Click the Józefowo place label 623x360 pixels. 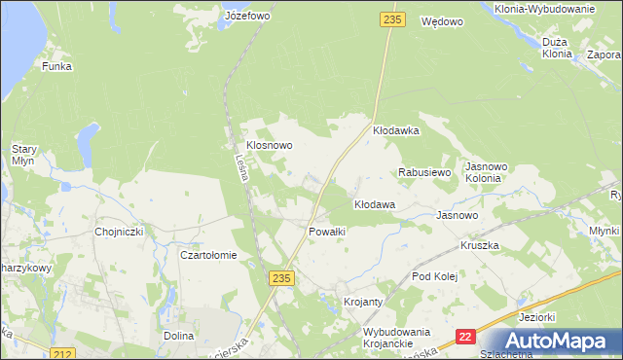point(246,17)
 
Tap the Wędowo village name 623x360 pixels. point(441,20)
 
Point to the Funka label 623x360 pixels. point(56,66)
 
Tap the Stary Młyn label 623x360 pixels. point(24,157)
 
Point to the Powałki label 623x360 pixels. point(327,232)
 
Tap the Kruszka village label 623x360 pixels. point(480,245)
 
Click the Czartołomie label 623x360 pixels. point(209,255)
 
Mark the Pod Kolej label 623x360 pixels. point(434,276)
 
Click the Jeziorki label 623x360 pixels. point(537,317)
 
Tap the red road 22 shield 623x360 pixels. point(465,336)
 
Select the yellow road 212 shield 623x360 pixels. point(63,353)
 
